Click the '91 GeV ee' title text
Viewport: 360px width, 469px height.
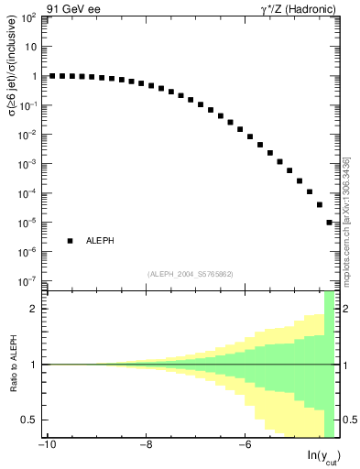coord(33,7)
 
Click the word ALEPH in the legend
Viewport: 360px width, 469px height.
coord(100,241)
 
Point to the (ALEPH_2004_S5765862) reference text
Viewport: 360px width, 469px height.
coord(190,274)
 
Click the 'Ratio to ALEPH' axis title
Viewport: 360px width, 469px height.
coord(12,365)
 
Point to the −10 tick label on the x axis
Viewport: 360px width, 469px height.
coord(46,447)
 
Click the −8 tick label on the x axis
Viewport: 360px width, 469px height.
coord(145,447)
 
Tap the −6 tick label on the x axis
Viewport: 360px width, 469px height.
coord(243,447)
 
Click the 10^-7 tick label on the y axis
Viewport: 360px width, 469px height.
coord(29,281)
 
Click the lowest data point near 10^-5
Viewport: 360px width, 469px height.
coord(330,223)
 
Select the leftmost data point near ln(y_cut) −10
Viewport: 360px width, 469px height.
coord(52,76)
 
